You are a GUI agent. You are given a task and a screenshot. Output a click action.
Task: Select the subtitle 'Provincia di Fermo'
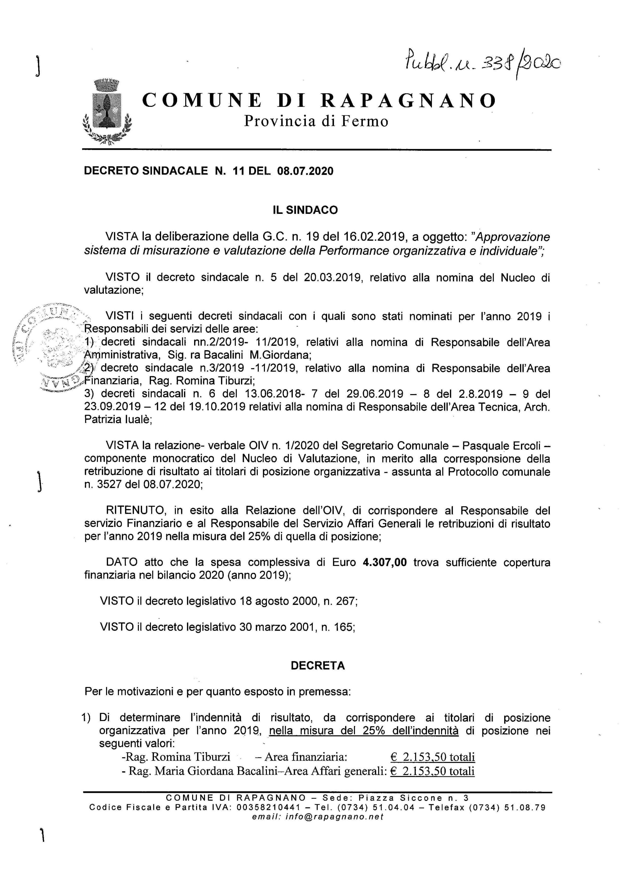tap(316, 122)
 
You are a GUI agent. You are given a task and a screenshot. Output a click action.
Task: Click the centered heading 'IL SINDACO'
tap(305, 210)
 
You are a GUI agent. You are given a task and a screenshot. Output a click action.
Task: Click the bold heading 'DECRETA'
tap(318, 665)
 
